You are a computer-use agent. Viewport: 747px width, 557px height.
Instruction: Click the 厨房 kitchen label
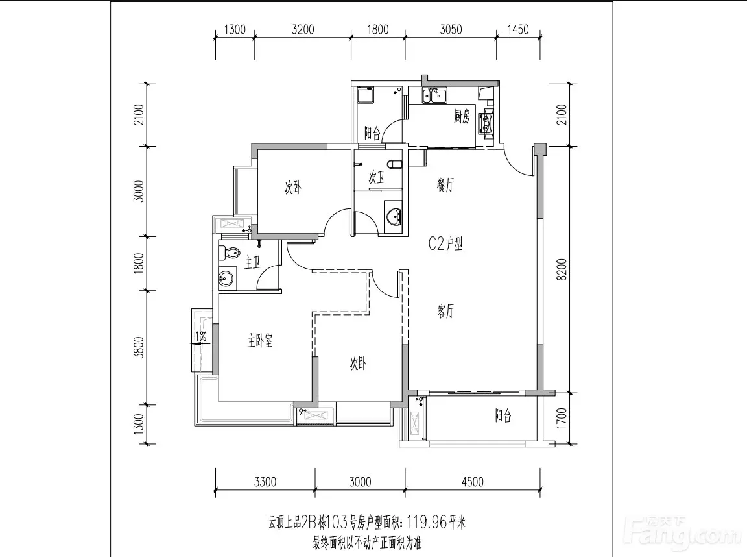(x=462, y=116)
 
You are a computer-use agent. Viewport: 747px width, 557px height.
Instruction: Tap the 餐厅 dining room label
(x=445, y=184)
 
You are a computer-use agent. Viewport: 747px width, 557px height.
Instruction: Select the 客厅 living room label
(x=445, y=312)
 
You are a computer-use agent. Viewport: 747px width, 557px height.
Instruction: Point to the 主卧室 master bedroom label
(x=259, y=340)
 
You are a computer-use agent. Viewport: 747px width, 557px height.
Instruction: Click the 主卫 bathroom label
(x=252, y=262)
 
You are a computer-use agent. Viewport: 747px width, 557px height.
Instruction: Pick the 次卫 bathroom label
(x=376, y=178)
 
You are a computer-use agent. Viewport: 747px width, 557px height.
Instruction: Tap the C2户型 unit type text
(x=445, y=244)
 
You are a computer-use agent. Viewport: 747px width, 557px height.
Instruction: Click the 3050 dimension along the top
(x=451, y=30)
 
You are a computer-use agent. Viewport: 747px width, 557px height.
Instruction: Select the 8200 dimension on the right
(x=562, y=269)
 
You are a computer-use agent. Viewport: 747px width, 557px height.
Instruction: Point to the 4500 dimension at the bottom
(x=473, y=482)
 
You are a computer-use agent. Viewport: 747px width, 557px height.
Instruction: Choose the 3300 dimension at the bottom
(x=265, y=482)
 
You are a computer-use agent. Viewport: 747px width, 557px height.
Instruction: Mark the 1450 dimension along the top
(x=518, y=30)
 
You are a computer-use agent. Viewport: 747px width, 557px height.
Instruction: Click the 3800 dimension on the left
(x=138, y=347)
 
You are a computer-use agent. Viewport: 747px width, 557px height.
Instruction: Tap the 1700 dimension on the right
(x=562, y=418)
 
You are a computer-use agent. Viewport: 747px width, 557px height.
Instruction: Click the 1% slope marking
(x=201, y=337)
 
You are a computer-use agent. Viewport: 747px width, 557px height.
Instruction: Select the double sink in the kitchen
(x=434, y=95)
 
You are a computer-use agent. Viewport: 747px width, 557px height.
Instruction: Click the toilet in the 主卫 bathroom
(x=228, y=253)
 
